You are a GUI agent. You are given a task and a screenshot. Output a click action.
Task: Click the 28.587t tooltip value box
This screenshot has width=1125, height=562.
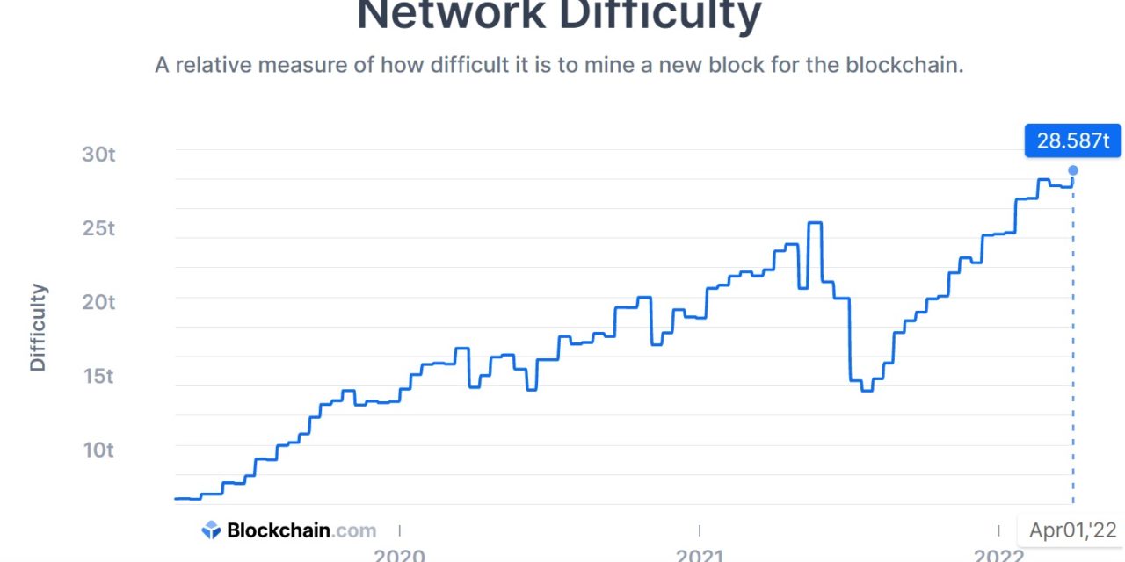[1072, 140]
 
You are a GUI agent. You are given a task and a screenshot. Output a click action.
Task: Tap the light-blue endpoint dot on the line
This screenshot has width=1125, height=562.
[1072, 170]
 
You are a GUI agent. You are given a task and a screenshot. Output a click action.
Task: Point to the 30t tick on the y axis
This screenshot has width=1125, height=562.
[99, 155]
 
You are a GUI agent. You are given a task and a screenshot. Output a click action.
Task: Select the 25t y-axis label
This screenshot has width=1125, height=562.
[99, 228]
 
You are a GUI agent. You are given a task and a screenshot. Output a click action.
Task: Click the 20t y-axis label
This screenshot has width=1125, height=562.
[99, 302]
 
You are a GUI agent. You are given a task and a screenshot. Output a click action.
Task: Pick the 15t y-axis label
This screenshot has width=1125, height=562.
[99, 376]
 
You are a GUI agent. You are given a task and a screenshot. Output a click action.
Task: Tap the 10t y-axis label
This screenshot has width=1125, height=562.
[99, 450]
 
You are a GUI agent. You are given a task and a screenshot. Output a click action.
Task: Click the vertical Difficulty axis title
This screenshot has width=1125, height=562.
[38, 328]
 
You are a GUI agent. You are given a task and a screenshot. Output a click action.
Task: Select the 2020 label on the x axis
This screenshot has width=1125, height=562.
[399, 553]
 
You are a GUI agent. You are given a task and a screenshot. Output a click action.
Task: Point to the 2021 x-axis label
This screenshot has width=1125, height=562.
[700, 553]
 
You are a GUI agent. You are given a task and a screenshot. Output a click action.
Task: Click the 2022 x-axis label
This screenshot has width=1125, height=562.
[998, 553]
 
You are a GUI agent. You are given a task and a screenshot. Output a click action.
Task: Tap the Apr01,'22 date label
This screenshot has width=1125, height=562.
[1072, 530]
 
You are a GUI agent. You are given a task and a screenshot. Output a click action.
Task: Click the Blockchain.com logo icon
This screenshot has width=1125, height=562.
[211, 530]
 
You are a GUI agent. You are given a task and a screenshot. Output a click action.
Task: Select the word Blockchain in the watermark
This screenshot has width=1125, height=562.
[279, 530]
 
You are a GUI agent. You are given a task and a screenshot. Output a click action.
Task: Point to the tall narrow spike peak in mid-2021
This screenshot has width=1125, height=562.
[815, 223]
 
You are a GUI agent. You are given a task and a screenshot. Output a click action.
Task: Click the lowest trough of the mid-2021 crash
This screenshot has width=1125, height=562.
[867, 390]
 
